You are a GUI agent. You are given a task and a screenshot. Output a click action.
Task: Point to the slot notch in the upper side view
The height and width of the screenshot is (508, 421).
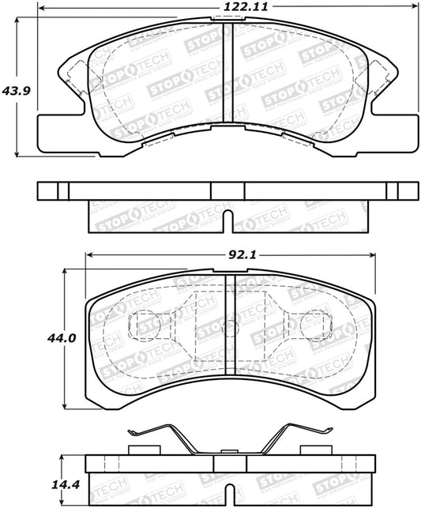click(x=227, y=223)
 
